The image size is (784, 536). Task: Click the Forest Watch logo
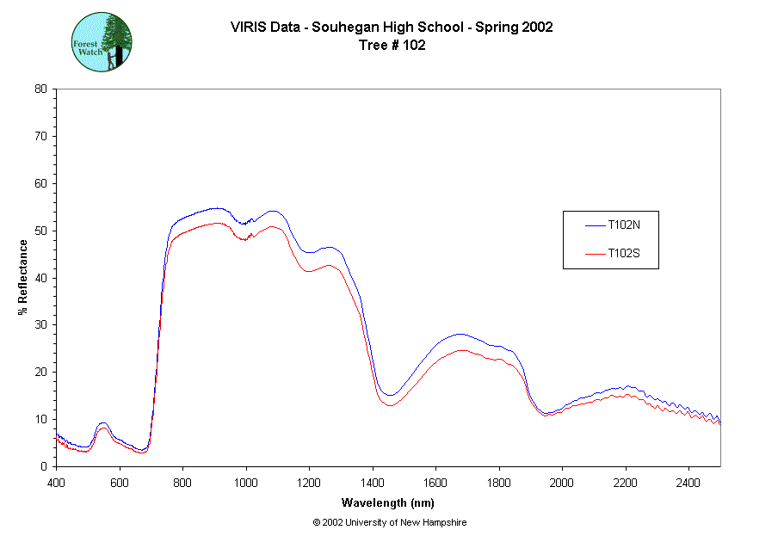tap(102, 41)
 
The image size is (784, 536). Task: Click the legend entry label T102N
tap(623, 225)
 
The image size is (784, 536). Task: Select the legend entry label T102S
tap(623, 254)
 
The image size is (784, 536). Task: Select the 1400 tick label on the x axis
tap(373, 483)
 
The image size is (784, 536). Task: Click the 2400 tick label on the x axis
tap(688, 483)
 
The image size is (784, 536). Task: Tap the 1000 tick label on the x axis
tap(246, 483)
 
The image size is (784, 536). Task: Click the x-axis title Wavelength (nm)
tap(388, 502)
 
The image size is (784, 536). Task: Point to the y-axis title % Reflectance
tap(23, 277)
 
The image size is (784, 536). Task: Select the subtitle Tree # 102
tap(392, 45)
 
